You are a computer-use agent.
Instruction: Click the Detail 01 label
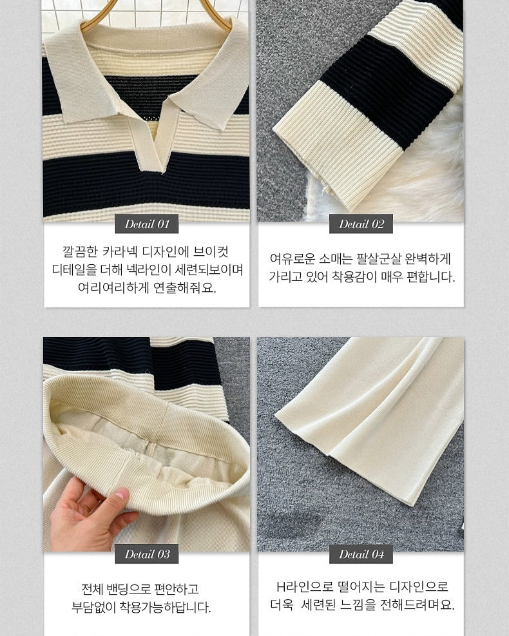[x=147, y=224]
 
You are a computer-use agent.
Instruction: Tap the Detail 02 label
[x=361, y=224]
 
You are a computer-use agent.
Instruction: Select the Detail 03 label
[x=147, y=554]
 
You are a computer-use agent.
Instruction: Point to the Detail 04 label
[x=361, y=554]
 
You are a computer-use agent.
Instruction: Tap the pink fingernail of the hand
[x=121, y=494]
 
